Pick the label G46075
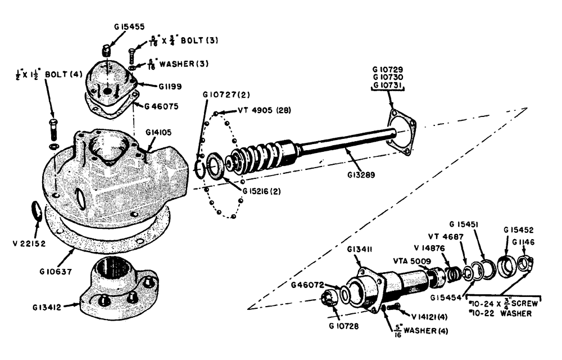click(161, 106)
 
